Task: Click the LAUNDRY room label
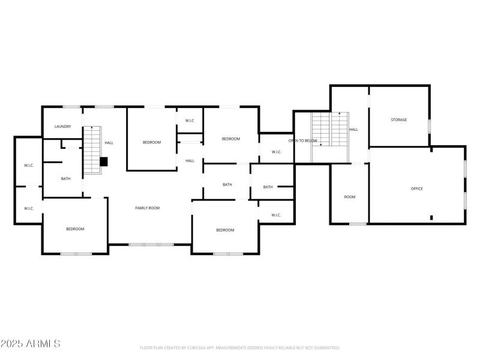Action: click(62, 127)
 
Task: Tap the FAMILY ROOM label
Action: click(147, 208)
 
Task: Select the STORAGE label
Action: click(399, 120)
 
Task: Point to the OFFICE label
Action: click(416, 188)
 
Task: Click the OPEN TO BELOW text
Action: click(302, 140)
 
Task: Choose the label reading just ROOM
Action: click(349, 197)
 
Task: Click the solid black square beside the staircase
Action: click(103, 161)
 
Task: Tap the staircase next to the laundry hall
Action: click(91, 150)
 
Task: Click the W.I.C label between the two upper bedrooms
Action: click(190, 121)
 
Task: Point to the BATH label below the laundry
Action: click(65, 178)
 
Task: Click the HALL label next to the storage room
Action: click(354, 130)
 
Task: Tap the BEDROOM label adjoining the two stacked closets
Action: click(75, 229)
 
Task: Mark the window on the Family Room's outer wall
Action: click(151, 244)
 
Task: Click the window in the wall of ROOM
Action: click(358, 224)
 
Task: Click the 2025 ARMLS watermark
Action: click(30, 344)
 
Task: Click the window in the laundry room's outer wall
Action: click(71, 107)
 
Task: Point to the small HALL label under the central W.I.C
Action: click(190, 160)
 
